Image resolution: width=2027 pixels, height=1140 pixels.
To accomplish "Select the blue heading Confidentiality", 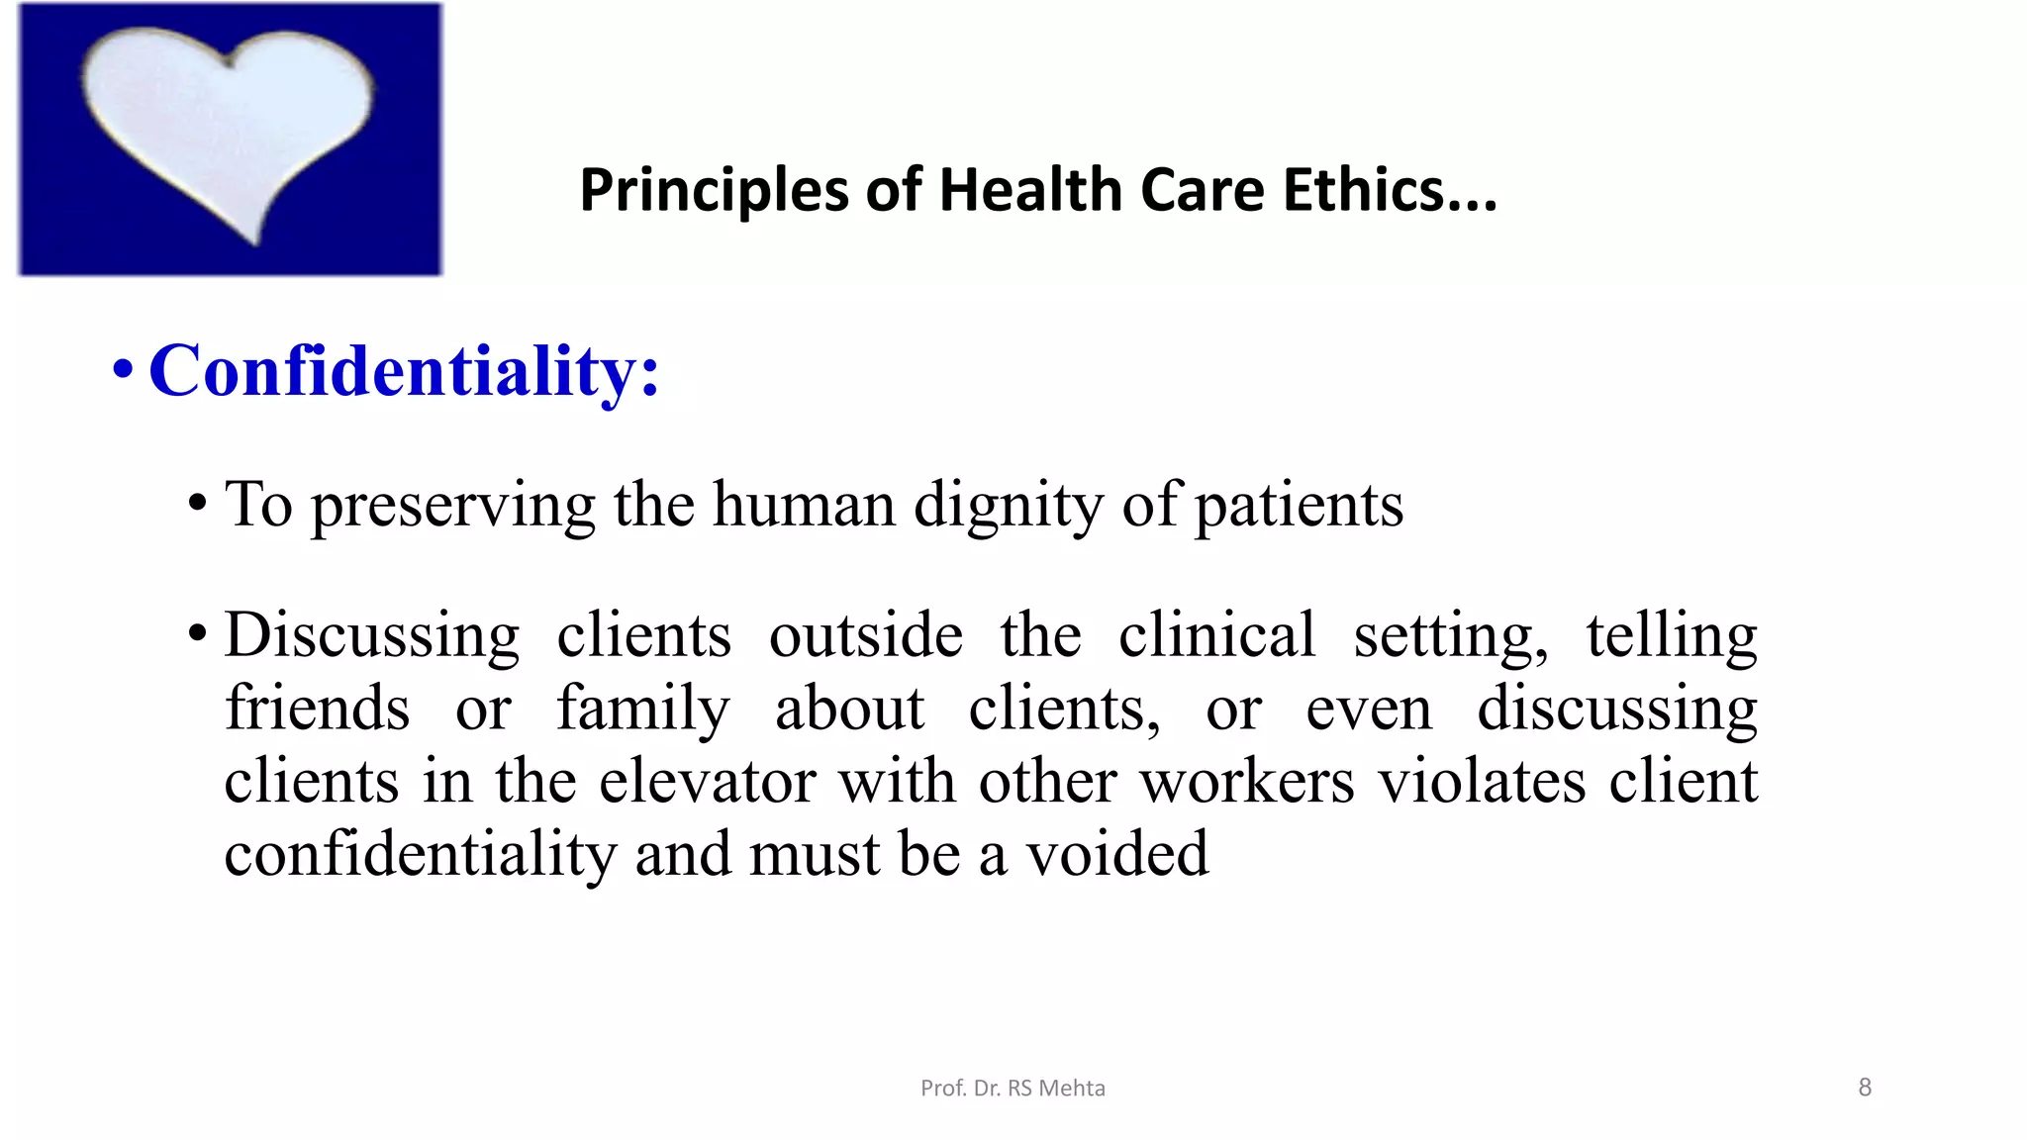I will point(404,371).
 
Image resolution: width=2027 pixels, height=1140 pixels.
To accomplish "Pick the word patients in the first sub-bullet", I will point(1299,506).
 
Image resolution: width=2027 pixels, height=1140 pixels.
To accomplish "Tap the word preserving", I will point(453,506).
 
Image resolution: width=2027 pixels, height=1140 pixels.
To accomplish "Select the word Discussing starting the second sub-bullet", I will point(371,635).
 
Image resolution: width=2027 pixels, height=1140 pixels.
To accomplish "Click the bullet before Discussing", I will point(198,633).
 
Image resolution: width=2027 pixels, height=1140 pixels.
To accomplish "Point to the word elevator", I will point(707,782).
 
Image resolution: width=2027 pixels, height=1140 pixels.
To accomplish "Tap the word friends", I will point(317,709).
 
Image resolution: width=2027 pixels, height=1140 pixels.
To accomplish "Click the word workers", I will point(1246,782).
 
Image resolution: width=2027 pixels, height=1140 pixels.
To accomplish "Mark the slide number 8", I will point(1865,1088).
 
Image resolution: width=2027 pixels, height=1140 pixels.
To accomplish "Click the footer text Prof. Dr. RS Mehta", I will point(1013,1089).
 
